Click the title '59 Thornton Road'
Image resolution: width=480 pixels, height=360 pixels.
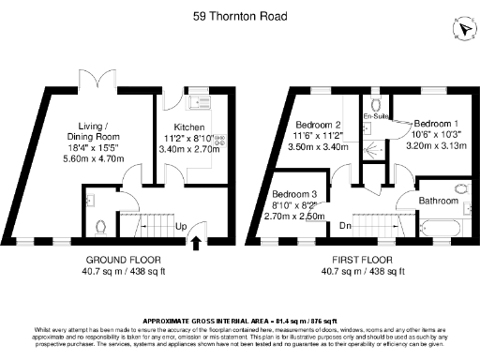pyautogui.click(x=239, y=16)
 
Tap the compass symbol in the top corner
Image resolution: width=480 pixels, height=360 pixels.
pyautogui.click(x=460, y=30)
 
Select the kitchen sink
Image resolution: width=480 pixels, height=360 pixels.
pyautogui.click(x=199, y=102)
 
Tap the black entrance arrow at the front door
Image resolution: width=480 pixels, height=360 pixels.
pyautogui.click(x=196, y=243)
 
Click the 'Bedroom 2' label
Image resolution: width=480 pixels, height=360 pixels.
pyautogui.click(x=318, y=125)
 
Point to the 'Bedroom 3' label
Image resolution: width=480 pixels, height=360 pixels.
pyautogui.click(x=294, y=194)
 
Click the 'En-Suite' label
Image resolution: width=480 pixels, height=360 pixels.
pyautogui.click(x=376, y=117)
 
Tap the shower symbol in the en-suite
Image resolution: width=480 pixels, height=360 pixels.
pyautogui.click(x=374, y=148)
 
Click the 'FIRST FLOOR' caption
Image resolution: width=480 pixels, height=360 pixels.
pyautogui.click(x=359, y=260)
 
